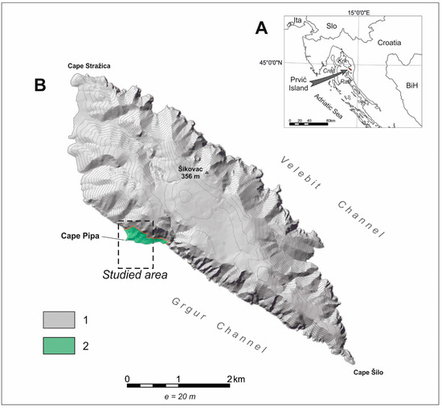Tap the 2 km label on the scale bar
(x=236, y=377)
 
